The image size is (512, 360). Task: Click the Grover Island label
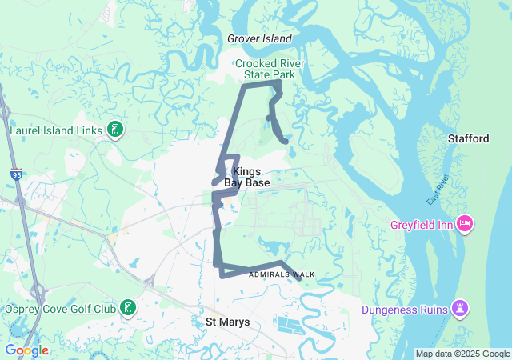click(259, 38)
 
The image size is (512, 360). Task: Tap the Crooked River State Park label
click(265, 69)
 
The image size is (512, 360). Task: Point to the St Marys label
click(228, 322)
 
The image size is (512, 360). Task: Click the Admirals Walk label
click(282, 274)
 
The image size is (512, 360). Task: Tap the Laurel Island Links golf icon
click(115, 129)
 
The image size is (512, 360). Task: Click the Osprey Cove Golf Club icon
click(128, 308)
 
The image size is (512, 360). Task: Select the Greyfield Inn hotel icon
click(463, 223)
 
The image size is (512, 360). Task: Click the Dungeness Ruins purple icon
click(460, 308)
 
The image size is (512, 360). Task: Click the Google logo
click(26, 350)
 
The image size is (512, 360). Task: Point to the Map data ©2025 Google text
click(462, 354)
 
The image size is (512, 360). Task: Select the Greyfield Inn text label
click(422, 224)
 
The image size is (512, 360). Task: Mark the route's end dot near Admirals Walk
click(299, 279)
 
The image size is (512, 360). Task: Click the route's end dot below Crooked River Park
click(286, 142)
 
